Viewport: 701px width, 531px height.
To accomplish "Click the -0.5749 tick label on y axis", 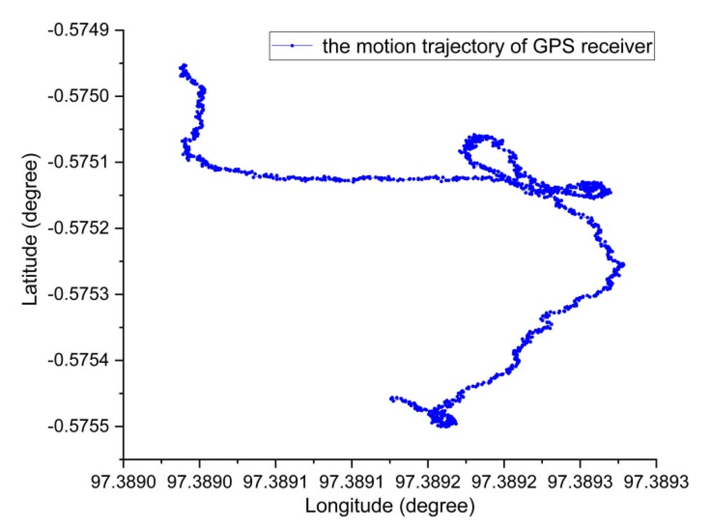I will [79, 30].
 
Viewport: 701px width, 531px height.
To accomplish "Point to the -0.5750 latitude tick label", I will [79, 96].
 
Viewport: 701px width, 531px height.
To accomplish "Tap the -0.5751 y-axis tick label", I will [79, 162].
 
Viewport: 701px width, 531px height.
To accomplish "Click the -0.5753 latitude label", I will [79, 294].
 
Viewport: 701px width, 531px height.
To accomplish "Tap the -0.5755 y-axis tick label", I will [79, 427].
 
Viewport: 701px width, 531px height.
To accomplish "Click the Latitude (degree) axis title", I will [30, 229].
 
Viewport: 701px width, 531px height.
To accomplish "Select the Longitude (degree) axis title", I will [390, 506].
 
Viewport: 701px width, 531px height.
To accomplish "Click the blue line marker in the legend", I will [292, 46].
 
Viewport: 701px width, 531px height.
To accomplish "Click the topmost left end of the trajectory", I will [183, 66].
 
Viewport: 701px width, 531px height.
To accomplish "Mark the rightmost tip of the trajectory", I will [623, 264].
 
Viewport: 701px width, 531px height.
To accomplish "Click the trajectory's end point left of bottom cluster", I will [391, 399].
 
